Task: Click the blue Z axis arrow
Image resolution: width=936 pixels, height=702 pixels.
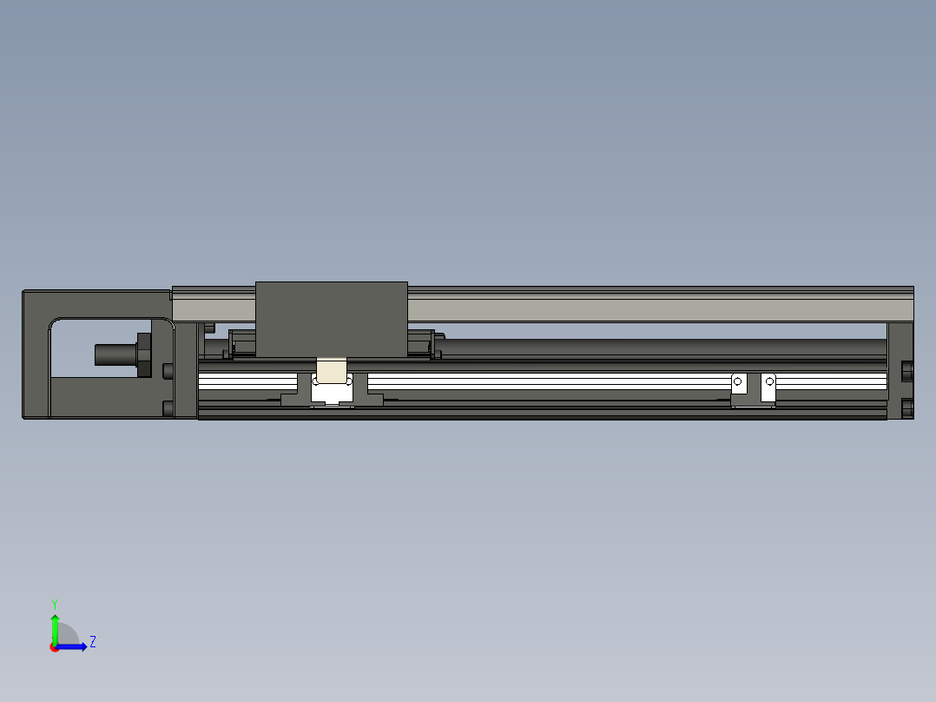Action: pos(75,646)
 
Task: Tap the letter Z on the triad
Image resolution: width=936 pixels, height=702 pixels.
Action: pos(92,642)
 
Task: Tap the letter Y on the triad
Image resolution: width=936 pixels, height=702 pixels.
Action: pos(54,602)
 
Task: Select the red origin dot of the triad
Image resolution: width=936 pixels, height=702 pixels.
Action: pos(54,647)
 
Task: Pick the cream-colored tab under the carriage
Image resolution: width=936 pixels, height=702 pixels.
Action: pos(331,371)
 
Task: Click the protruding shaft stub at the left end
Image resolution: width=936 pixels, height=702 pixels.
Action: pos(113,354)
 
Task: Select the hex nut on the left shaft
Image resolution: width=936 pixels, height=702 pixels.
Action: pos(143,354)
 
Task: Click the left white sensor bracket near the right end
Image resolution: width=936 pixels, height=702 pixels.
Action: pos(739,387)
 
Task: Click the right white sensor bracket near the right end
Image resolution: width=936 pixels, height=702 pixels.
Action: pos(768,387)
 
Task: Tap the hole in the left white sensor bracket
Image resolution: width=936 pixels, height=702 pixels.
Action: pos(738,381)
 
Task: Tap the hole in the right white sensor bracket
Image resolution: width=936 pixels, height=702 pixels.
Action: pos(769,381)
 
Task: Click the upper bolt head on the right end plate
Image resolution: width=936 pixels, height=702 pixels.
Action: pos(908,371)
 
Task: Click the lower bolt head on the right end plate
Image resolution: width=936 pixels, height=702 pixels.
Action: pos(908,407)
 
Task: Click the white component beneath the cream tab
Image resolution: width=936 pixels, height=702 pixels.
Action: pos(331,395)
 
